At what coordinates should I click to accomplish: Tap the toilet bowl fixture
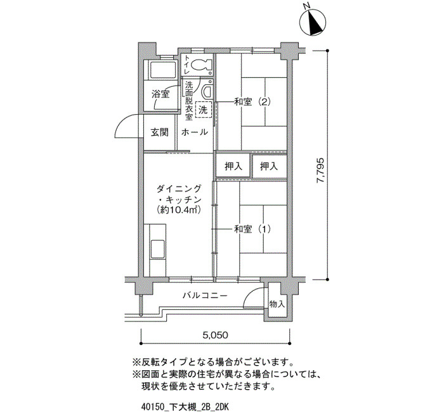(201, 65)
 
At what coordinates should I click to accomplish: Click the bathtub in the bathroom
(160, 70)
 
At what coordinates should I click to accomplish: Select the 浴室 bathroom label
(160, 94)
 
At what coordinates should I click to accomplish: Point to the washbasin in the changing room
(207, 90)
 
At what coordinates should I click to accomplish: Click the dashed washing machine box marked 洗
(203, 109)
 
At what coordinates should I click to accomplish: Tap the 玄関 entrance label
(160, 132)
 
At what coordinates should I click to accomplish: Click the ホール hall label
(195, 132)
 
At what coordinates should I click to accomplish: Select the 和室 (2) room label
(252, 101)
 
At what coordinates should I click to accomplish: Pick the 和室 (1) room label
(252, 229)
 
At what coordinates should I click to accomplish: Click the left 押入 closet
(233, 166)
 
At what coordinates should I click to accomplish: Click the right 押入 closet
(269, 166)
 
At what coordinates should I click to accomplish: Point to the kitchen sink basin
(157, 249)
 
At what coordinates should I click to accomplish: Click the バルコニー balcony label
(205, 296)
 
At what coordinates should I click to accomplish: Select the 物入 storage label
(277, 304)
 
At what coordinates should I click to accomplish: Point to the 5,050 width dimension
(216, 335)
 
